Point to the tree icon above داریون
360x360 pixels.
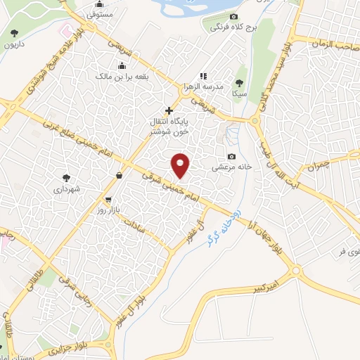15,33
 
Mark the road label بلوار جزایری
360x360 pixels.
70,346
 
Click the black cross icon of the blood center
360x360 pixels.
169,110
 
